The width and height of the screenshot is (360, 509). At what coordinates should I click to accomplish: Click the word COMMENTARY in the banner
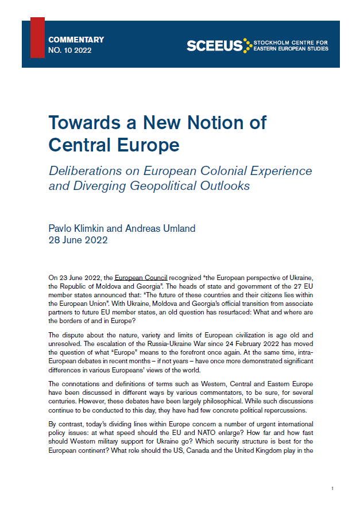[76, 40]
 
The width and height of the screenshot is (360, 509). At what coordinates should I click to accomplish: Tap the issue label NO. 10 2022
[70, 50]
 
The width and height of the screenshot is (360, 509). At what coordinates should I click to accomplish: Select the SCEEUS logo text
[214, 46]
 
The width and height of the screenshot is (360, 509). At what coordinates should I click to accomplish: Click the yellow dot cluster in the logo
[247, 45]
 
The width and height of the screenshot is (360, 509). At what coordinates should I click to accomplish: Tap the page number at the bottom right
[332, 488]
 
